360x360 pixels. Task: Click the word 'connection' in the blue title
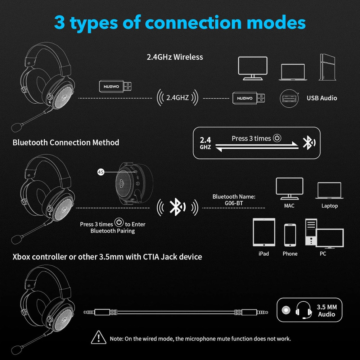[x=193, y=23]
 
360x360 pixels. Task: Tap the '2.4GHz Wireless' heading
[x=175, y=57]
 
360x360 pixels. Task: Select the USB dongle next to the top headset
[x=115, y=86]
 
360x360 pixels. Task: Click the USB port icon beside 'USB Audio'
[x=289, y=98]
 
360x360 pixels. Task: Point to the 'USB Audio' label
[x=321, y=98]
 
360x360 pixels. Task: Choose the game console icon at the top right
[x=327, y=67]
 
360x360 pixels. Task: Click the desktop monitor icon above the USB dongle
[x=253, y=68]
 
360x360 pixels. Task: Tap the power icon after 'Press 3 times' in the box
[x=277, y=138]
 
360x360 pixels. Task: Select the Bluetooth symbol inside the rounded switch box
[x=309, y=143]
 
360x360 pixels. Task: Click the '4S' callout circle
[x=101, y=172]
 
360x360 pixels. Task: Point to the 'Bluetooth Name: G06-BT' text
[x=234, y=200]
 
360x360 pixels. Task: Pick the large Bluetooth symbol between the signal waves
[x=177, y=207]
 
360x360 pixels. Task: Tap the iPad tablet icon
[x=264, y=232]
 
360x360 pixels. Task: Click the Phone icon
[x=290, y=235]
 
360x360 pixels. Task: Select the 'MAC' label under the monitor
[x=289, y=206]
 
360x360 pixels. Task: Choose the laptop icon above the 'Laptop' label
[x=329, y=190]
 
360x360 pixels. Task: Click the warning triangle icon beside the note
[x=99, y=338]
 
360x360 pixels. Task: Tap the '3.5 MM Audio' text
[x=327, y=310]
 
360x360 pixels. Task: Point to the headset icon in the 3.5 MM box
[x=303, y=310]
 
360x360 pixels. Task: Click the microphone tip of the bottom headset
[x=16, y=350]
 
